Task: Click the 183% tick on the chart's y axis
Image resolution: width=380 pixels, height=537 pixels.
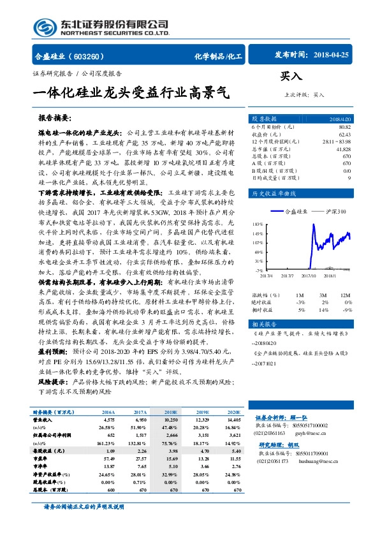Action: click(257, 224)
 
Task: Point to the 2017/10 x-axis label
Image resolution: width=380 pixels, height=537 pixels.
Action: click(310, 276)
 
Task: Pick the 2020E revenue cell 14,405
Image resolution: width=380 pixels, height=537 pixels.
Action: click(233, 420)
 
